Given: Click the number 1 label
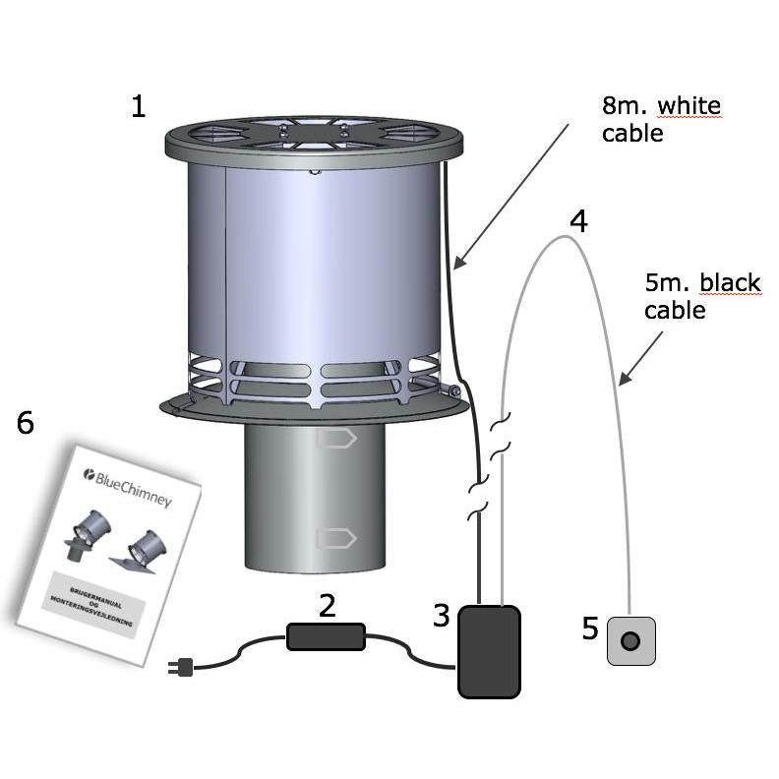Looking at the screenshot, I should pos(139,106).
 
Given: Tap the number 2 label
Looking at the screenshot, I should pos(327,605).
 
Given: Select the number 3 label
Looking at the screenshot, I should pos(442,617).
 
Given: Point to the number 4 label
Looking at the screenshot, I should pos(579,221).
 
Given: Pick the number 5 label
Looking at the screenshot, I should pos(590,629).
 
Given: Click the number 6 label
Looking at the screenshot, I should pos(26,423).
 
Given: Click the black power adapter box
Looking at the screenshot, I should pos(489,651).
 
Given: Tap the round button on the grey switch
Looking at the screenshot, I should pos(630,641).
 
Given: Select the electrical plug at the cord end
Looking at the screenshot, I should pos(182,668).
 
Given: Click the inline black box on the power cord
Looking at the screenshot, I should pos(326,636).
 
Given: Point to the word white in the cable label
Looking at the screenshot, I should pos(689,105).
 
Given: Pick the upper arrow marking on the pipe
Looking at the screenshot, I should pos(335,440).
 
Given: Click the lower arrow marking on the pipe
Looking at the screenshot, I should pos(335,538).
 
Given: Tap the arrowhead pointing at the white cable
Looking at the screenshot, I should pos(458,263).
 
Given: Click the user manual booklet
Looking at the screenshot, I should pos(108,551).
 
